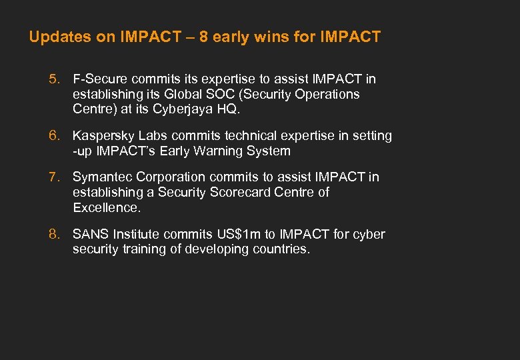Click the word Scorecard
(x=257, y=193)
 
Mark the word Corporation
(x=171, y=177)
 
